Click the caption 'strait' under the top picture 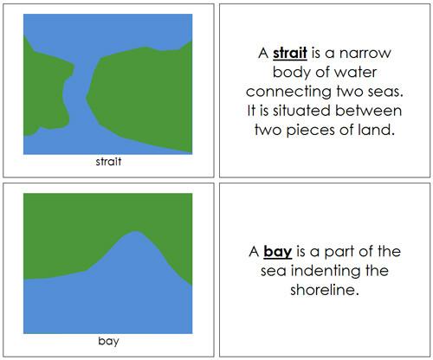[108, 160]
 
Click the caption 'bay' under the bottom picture [108, 340]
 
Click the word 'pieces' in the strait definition [314, 130]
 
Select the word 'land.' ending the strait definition [377, 130]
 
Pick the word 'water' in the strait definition [346, 73]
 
